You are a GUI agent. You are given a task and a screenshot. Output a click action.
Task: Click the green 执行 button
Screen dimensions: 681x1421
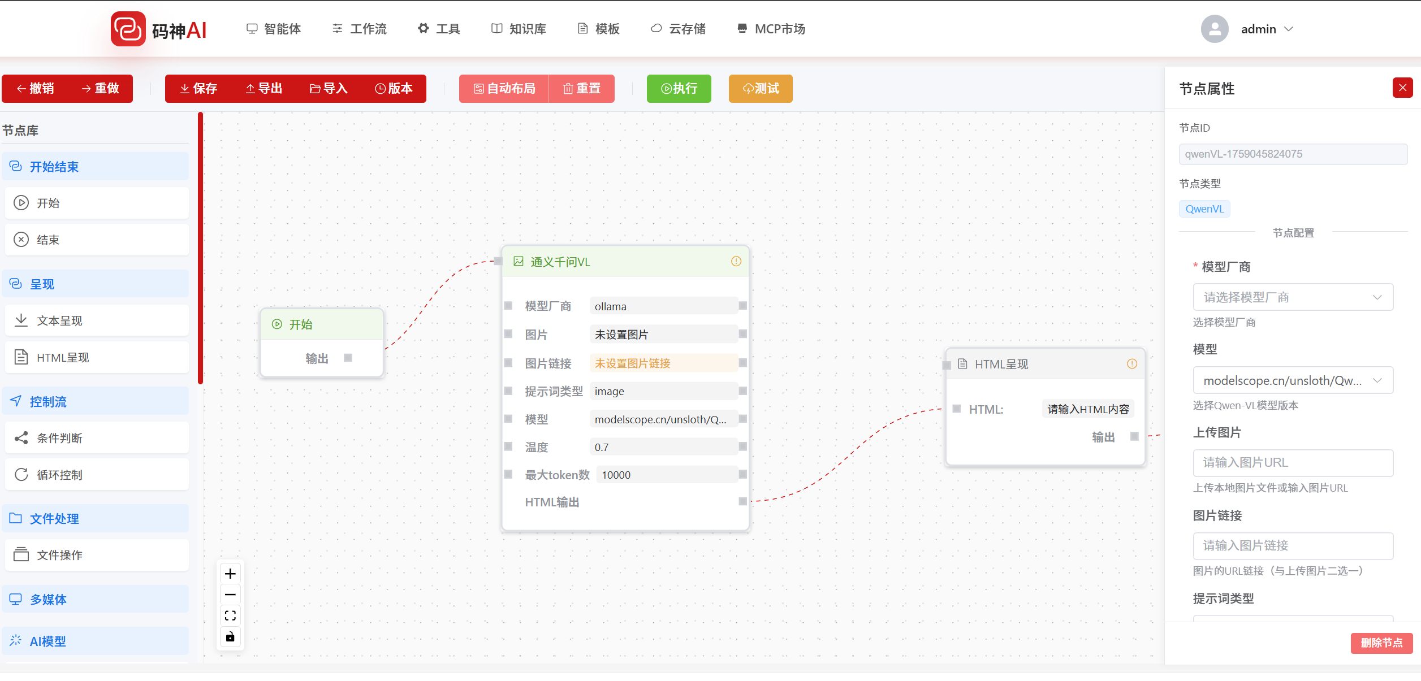679,89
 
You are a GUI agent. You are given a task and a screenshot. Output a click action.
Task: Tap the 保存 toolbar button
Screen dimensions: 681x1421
198,89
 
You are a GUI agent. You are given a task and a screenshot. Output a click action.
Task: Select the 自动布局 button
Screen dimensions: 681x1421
504,89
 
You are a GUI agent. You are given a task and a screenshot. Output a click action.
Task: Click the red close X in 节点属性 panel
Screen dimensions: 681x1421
1402,88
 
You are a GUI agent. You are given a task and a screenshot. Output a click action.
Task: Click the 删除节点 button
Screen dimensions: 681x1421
1381,643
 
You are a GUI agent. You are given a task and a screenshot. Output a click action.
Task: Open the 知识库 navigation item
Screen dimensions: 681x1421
519,29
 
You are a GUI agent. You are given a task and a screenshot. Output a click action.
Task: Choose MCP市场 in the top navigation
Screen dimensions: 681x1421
771,29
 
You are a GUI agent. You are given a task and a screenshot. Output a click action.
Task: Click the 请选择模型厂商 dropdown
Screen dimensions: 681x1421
1292,297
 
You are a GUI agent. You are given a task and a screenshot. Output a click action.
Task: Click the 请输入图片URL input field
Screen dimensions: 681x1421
1292,463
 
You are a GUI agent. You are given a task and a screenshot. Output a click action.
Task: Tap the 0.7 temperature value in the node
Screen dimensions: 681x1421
602,447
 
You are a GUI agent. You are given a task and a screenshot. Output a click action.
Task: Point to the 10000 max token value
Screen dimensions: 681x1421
616,475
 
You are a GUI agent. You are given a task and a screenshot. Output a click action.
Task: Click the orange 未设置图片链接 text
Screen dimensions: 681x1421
632,363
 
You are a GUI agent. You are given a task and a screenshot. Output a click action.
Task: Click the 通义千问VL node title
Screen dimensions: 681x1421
560,262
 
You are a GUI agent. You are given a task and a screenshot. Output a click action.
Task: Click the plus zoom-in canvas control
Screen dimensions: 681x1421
230,574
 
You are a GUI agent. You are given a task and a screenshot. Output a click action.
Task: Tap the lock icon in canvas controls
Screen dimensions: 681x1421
230,637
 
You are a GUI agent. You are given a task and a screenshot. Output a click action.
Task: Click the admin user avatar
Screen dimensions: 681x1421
1214,29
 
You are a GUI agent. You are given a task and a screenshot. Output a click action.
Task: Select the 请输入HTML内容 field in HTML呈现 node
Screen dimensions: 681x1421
1087,409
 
